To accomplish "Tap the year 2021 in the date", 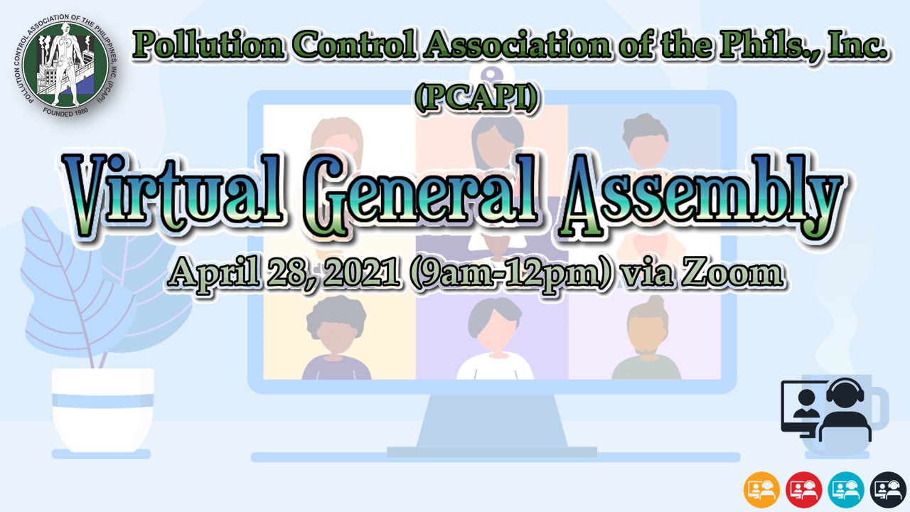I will click(x=361, y=274).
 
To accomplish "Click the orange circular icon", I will click(x=762, y=489).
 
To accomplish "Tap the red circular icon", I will click(x=804, y=489).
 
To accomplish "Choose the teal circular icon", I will click(x=846, y=489).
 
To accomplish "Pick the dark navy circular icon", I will click(x=888, y=489).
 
